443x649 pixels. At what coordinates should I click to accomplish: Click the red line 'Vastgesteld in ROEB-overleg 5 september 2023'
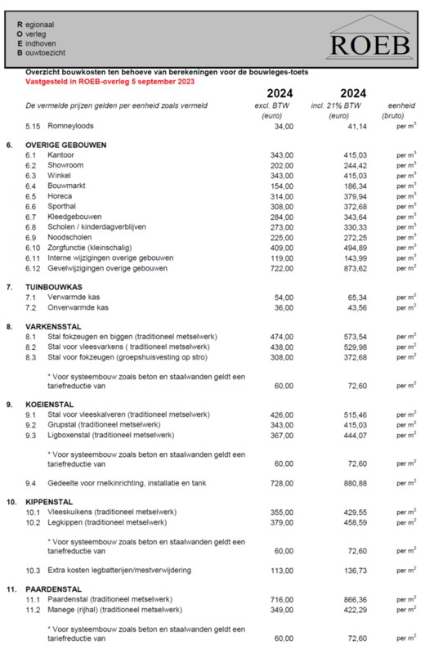[110, 83]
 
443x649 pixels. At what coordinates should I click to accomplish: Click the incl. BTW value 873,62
[345, 268]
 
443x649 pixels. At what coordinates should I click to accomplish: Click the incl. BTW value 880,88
[345, 483]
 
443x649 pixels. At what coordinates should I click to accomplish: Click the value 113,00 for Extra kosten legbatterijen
[282, 571]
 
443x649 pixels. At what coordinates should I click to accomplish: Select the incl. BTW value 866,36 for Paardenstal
[345, 600]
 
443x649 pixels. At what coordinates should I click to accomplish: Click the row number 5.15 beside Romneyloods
[33, 127]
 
